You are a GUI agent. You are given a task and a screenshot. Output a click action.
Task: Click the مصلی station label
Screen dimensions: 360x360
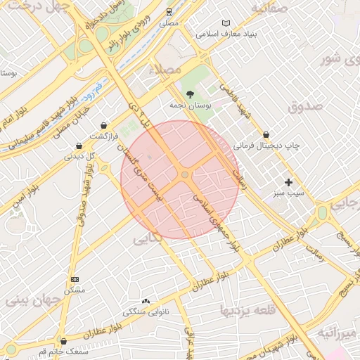169,23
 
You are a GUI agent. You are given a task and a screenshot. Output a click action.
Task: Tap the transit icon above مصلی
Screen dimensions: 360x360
169,12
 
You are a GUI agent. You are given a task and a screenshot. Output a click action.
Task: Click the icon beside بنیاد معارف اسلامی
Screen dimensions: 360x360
226,23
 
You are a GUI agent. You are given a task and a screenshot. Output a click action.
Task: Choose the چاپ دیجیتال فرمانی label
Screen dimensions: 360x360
266,146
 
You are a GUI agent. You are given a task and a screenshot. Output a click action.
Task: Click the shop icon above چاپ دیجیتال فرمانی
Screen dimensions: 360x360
266,134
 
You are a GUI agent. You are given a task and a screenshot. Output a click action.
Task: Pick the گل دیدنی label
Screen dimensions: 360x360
79,156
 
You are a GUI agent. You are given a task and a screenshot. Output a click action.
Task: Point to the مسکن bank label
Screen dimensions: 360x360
75,290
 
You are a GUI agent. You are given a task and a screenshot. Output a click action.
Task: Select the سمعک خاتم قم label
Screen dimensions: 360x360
65,351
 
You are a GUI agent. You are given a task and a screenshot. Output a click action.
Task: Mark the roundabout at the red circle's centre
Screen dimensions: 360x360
185,174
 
